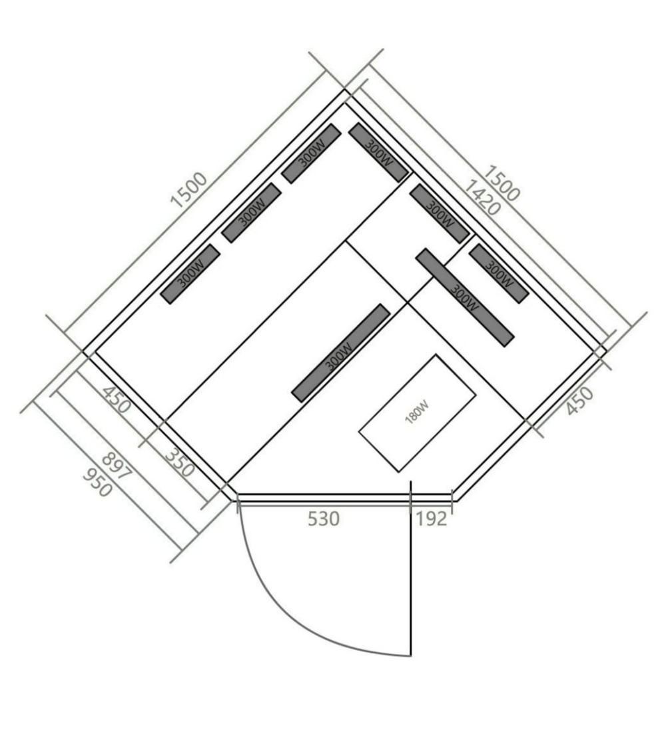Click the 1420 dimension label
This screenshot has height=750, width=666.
coord(482,197)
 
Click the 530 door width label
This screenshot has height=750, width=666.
coord(324,519)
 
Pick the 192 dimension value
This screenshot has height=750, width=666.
coord(432,519)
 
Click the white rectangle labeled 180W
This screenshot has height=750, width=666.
coord(417,413)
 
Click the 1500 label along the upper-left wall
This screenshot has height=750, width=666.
coord(189,190)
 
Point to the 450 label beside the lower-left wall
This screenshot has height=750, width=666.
coord(116,400)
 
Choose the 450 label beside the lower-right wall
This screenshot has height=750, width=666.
coord(579,401)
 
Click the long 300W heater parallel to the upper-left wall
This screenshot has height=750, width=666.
coord(340,353)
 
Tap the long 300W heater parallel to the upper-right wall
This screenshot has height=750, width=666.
coord(465,297)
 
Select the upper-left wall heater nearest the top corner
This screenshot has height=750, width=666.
coord(311,153)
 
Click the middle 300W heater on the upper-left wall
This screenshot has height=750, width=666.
coord(251,213)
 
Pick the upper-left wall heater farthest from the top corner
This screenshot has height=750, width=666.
coord(190,274)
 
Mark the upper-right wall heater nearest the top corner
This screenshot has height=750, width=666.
coord(379,152)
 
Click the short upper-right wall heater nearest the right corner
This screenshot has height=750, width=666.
coord(499,273)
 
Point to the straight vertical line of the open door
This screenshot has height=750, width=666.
coord(411,569)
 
